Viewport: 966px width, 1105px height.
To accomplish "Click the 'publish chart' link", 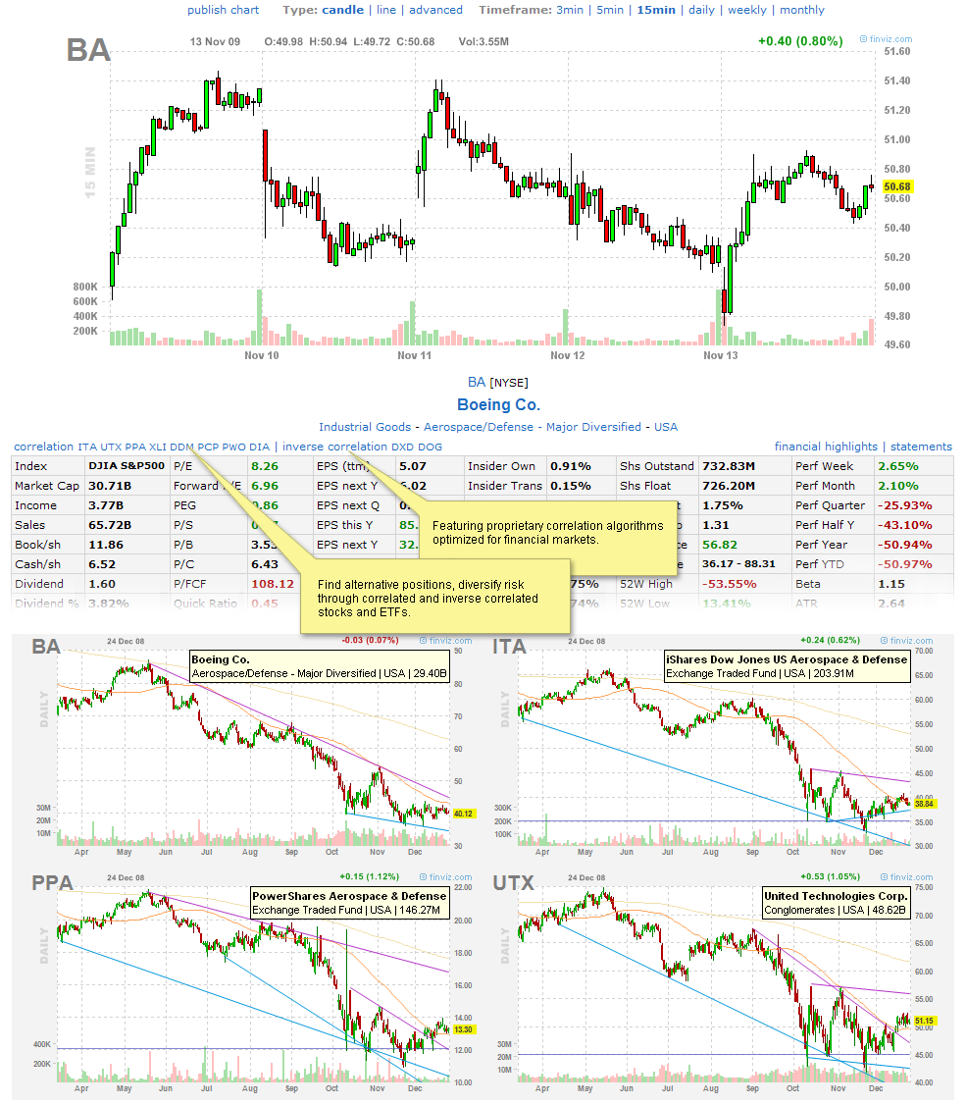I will (224, 10).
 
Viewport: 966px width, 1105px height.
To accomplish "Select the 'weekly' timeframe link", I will (747, 10).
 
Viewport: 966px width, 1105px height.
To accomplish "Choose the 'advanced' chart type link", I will (435, 10).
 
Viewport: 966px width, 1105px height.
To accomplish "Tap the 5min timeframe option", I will (610, 10).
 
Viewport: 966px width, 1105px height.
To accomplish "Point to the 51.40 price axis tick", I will (897, 80).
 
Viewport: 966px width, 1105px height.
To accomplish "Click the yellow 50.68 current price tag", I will (897, 186).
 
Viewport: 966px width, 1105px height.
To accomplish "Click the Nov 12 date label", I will (568, 355).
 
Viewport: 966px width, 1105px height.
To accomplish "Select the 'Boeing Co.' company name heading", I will (498, 404).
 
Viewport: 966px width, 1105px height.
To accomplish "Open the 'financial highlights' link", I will (826, 447).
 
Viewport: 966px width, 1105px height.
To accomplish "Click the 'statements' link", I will (921, 447).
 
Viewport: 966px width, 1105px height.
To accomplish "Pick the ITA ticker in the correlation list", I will (87, 447).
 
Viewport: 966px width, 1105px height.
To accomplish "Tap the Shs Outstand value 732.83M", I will (727, 466).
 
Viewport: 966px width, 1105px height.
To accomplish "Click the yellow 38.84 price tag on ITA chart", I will (924, 803).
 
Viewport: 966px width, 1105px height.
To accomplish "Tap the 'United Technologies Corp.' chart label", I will (837, 896).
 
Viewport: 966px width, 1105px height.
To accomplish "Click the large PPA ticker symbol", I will (52, 883).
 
